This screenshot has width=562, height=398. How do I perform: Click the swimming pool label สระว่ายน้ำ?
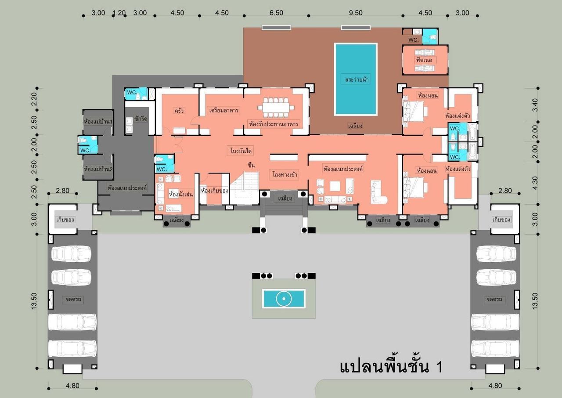(x=357, y=80)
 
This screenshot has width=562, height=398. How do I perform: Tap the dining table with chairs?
(x=276, y=108)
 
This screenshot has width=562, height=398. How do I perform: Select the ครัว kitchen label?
(x=179, y=110)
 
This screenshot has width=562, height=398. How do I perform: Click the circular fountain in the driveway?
(x=284, y=299)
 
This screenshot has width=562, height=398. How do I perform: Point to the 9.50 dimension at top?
(x=356, y=13)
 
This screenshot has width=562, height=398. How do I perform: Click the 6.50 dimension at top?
(x=276, y=13)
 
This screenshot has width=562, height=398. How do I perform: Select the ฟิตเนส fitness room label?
(x=424, y=60)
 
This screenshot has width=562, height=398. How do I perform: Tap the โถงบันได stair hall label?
(x=241, y=151)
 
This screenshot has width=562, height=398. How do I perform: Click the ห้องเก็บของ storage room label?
(x=215, y=191)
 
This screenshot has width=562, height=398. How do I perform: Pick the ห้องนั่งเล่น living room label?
(x=181, y=194)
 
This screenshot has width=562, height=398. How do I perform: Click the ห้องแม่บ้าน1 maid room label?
(x=98, y=122)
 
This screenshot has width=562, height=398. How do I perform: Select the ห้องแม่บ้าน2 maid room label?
(x=98, y=169)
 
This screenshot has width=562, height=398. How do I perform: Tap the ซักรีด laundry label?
(x=140, y=119)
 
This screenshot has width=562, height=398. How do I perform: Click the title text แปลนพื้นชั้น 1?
(x=391, y=367)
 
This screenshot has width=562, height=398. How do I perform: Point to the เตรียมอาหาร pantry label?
(x=224, y=110)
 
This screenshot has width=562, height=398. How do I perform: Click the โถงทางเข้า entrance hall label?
(x=285, y=174)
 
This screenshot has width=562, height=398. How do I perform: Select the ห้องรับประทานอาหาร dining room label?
(x=274, y=124)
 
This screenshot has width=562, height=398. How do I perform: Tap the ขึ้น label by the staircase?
(x=251, y=165)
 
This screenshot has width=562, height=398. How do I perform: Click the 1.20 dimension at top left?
(x=119, y=13)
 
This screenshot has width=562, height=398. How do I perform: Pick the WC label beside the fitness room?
(x=413, y=40)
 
